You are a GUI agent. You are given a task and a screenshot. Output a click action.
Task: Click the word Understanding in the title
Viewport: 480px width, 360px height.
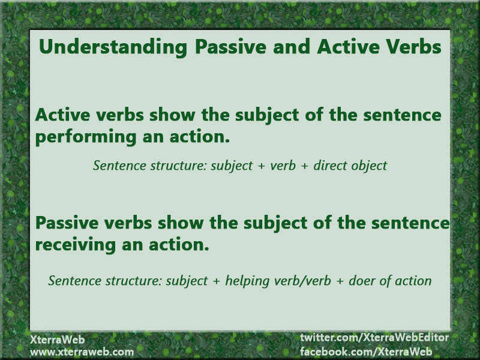pos(113,47)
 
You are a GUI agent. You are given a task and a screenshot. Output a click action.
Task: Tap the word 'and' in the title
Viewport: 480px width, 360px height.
pos(292,47)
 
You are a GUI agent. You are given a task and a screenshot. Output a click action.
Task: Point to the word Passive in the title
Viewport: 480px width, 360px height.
pos(231,47)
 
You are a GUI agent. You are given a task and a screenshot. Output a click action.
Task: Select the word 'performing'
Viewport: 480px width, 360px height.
pos(86,137)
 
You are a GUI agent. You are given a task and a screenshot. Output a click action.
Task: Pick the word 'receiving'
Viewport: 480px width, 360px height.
pos(76,245)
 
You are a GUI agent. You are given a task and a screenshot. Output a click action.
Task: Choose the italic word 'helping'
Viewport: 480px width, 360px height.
pos(247,281)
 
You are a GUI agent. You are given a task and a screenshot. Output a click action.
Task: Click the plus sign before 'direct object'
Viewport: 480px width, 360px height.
pos(304,166)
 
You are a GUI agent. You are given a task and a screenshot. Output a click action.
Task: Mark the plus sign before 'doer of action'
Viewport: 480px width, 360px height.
pos(340,281)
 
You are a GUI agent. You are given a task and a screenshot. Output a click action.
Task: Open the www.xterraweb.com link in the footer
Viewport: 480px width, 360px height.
pos(82,352)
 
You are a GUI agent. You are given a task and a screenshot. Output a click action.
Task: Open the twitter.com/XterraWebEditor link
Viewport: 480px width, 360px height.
pos(374,337)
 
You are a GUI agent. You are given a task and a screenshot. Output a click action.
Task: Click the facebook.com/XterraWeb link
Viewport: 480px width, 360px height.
pos(366,351)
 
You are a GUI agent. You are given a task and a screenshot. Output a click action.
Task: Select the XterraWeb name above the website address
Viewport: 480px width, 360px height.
pos(57,340)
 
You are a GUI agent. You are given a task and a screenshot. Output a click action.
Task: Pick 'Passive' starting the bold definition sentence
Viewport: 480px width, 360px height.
pos(67,223)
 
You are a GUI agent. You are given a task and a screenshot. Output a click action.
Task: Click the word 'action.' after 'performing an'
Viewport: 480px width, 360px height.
pos(199,137)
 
